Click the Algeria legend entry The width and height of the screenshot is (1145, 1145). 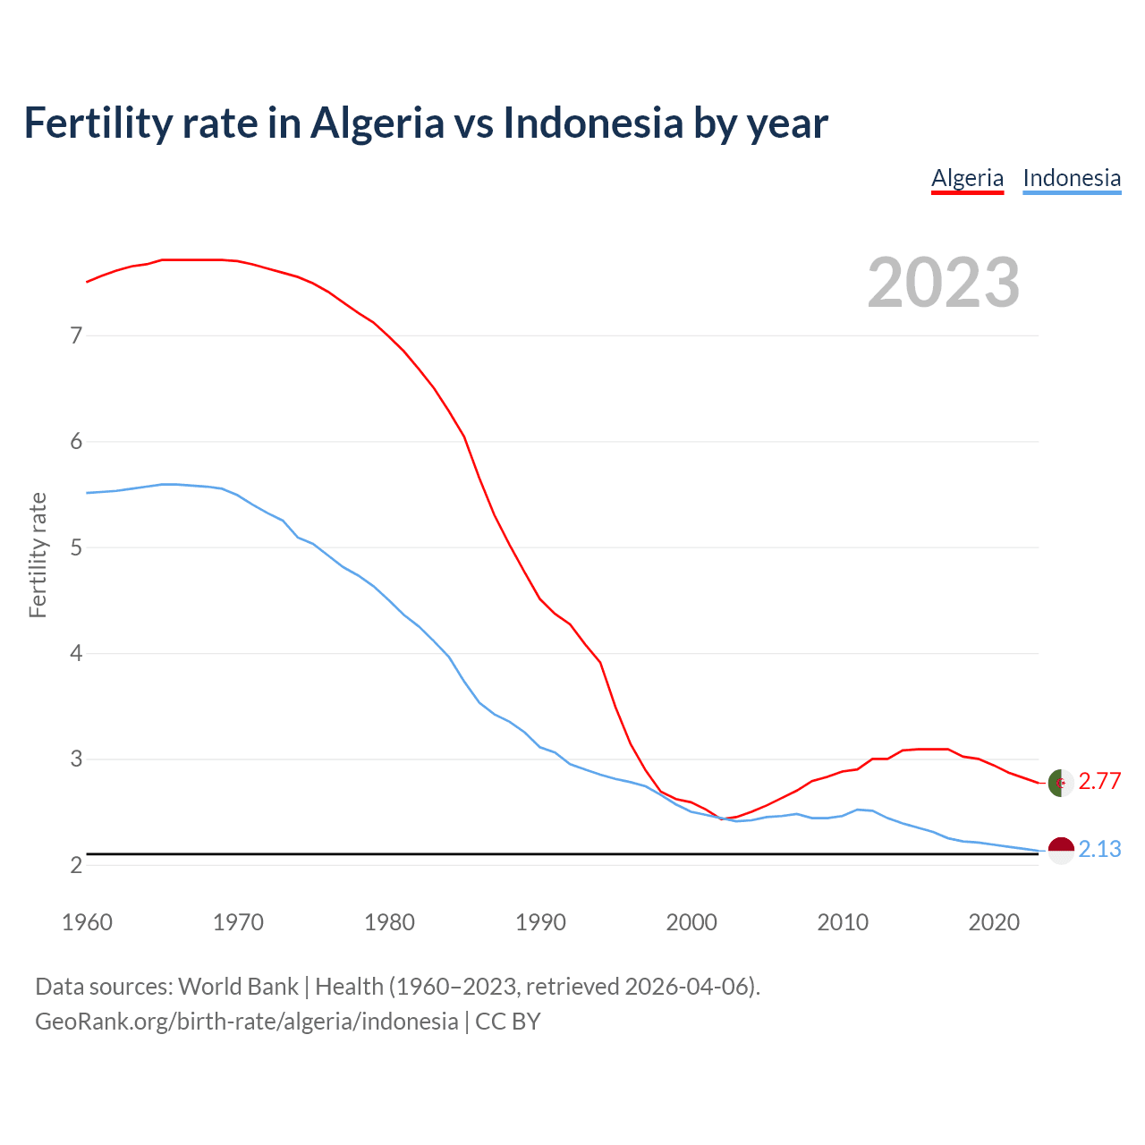(967, 178)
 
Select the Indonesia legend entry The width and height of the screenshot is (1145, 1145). (1072, 178)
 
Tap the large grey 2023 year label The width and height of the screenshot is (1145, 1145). (944, 283)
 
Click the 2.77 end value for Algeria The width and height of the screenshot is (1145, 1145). (1099, 781)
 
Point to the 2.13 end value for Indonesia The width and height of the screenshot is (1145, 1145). (1099, 849)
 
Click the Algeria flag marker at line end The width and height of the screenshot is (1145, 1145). (1060, 783)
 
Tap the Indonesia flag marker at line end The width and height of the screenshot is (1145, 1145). (1060, 850)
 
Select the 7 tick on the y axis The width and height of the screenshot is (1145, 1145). (76, 335)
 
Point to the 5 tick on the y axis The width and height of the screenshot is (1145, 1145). (76, 547)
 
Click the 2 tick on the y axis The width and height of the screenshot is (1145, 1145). (76, 865)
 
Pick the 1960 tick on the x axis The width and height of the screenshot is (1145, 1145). (87, 922)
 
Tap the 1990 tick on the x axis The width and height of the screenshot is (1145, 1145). (540, 922)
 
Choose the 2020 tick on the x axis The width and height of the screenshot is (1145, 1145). (994, 922)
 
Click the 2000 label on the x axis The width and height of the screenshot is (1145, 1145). (691, 922)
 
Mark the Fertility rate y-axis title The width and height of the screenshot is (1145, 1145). (38, 555)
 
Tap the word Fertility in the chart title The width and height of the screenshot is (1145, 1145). (97, 123)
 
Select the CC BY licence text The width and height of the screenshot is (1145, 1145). (508, 1022)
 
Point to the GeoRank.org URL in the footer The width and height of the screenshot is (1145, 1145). (246, 1022)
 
